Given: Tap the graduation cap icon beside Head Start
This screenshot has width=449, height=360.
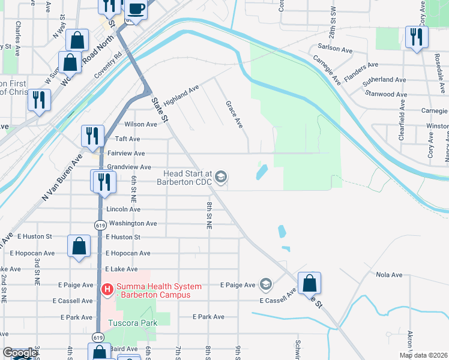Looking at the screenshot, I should pos(221,176).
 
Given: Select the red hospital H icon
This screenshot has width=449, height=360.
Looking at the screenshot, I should pos(107,290).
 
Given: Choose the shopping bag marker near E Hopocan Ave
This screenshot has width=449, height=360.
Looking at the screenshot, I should pos(79,245).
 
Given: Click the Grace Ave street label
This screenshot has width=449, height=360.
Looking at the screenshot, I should pos(234,114).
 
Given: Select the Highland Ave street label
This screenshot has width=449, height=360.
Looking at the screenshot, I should pos(181,93).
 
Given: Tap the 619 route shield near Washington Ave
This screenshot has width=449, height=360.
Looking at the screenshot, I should pos(98,224).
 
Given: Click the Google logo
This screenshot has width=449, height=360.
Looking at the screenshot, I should pos(19,353).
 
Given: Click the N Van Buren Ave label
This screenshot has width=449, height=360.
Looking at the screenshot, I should pos(62,178).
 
